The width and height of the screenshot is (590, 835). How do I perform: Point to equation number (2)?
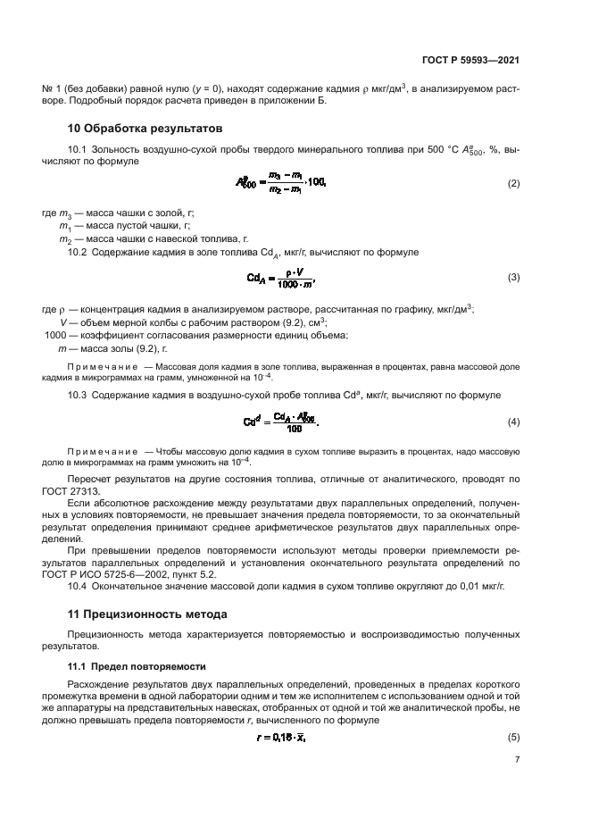pos(513,183)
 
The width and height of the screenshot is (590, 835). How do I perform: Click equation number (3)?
pos(513,278)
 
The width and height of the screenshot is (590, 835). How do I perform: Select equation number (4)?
pos(513,421)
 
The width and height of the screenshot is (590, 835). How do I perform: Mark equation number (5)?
pos(513,737)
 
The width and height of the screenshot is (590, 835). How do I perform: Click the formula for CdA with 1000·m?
pos(282,278)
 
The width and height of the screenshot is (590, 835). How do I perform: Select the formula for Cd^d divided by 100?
pos(280,421)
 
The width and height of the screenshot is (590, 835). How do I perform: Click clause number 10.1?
pos(79,147)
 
